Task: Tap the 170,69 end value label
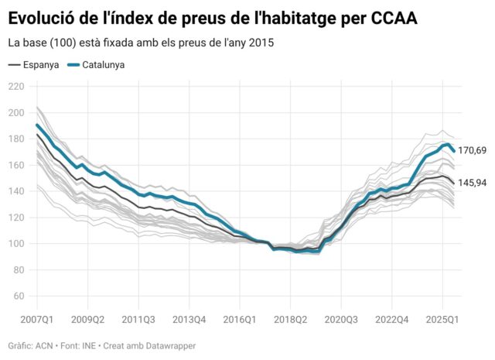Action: (x=472, y=150)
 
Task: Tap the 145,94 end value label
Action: (x=472, y=183)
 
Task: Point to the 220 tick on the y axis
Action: (x=15, y=87)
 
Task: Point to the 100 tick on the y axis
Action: (x=15, y=244)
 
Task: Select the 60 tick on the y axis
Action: (x=18, y=297)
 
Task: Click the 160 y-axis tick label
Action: (x=15, y=166)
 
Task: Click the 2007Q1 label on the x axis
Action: (x=36, y=318)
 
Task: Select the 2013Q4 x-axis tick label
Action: (x=189, y=318)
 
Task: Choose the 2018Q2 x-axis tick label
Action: (x=290, y=318)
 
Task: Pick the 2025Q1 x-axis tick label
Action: (x=443, y=318)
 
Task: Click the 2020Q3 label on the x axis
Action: (x=341, y=318)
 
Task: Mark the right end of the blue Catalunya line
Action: (x=453, y=151)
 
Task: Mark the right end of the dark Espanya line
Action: (x=453, y=183)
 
